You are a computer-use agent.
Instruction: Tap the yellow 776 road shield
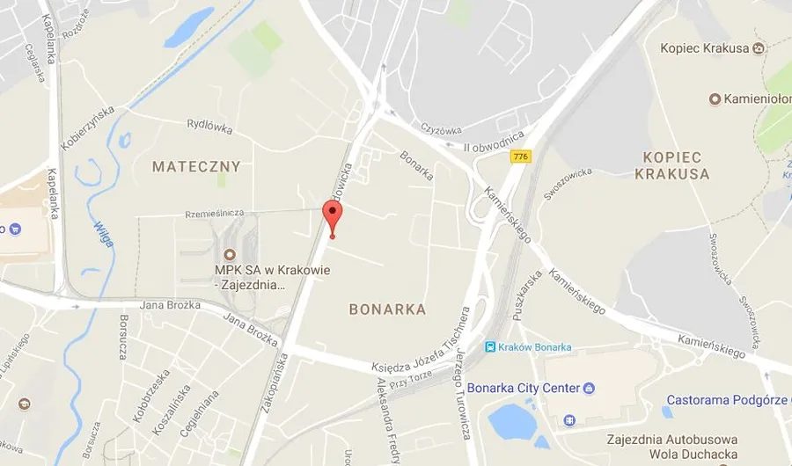(520, 157)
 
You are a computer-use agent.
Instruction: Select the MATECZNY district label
(195, 166)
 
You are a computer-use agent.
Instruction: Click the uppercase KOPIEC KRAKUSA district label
(672, 165)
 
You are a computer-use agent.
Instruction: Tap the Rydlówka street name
(211, 127)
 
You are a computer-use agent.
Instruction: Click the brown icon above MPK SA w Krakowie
(230, 254)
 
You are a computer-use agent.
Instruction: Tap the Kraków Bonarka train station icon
(489, 346)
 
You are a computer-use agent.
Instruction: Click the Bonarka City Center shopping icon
(589, 388)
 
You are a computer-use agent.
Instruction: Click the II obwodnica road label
(495, 141)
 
